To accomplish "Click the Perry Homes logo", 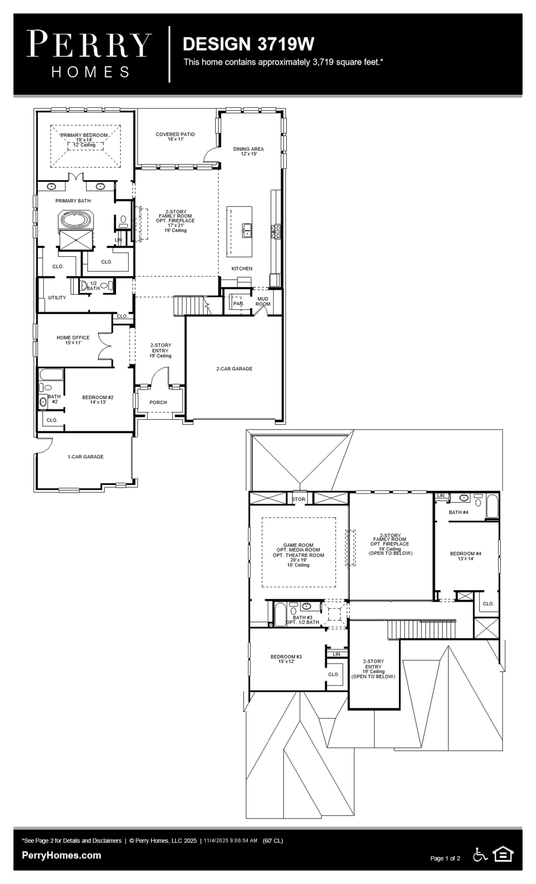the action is tap(89, 54).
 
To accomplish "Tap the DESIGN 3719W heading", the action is tap(248, 44).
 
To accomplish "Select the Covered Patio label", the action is tap(175, 136).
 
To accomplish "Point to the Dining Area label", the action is tap(248, 151).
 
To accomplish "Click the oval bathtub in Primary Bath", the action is tap(76, 219).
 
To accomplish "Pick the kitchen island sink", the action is tap(247, 230).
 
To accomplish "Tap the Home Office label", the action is tap(73, 340).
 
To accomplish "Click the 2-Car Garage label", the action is tap(234, 369).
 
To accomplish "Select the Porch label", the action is tap(158, 402).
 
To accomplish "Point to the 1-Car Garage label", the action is tap(86, 457).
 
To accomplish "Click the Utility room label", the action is tap(57, 297).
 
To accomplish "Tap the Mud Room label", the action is tap(263, 301).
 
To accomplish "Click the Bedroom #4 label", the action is tap(465, 556).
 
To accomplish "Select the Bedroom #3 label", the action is tap(286, 659).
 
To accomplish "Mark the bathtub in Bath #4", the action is tap(492, 506).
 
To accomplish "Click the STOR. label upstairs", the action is tap(299, 499).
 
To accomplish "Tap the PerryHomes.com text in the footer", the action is tap(62, 855).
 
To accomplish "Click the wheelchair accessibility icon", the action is tap(480, 854).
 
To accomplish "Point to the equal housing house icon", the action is tap(503, 854).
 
